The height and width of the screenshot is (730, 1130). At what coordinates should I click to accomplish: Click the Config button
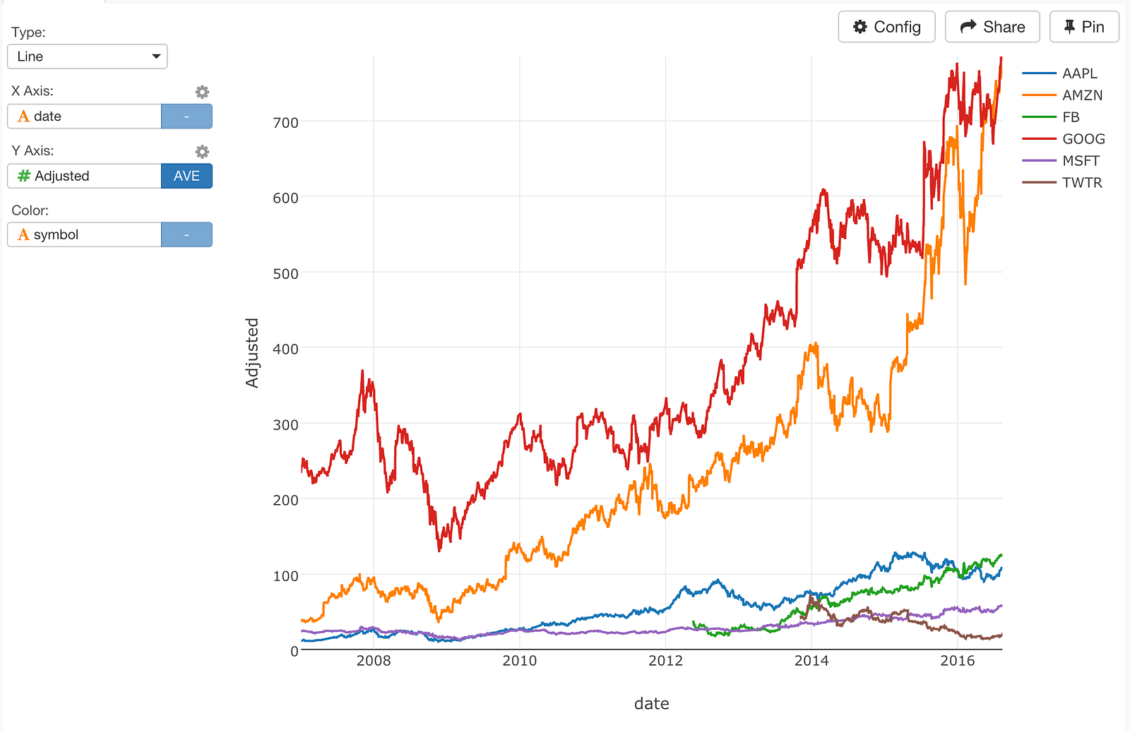(x=886, y=27)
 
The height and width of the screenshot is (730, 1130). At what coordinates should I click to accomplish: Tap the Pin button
(x=1084, y=27)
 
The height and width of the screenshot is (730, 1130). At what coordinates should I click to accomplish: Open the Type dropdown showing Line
(x=88, y=56)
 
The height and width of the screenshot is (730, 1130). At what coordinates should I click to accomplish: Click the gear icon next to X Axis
(x=202, y=92)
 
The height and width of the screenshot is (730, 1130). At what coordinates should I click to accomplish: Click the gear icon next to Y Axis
(x=202, y=152)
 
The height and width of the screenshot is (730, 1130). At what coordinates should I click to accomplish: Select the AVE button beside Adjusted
(x=186, y=176)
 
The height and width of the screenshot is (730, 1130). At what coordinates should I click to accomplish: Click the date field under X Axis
(x=85, y=116)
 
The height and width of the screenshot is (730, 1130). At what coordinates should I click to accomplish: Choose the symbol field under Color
(x=85, y=234)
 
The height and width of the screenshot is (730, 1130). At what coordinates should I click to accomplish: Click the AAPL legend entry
(x=1079, y=73)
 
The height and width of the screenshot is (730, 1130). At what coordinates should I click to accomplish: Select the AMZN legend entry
(x=1082, y=95)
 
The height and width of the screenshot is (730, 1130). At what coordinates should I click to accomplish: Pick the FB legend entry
(x=1071, y=117)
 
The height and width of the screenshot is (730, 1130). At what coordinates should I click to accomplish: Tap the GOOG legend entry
(x=1083, y=139)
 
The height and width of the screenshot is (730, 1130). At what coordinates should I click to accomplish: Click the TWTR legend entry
(x=1082, y=183)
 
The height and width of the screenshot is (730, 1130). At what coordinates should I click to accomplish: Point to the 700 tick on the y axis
(x=285, y=122)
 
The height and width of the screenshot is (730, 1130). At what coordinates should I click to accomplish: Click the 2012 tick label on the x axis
(x=665, y=661)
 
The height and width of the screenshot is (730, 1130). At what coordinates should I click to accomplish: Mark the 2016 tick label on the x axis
(x=957, y=661)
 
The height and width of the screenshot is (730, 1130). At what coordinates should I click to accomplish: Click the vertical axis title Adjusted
(x=252, y=353)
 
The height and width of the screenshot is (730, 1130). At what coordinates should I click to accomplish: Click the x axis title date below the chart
(x=651, y=703)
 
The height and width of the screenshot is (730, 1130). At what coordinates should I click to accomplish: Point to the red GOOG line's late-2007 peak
(x=362, y=371)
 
